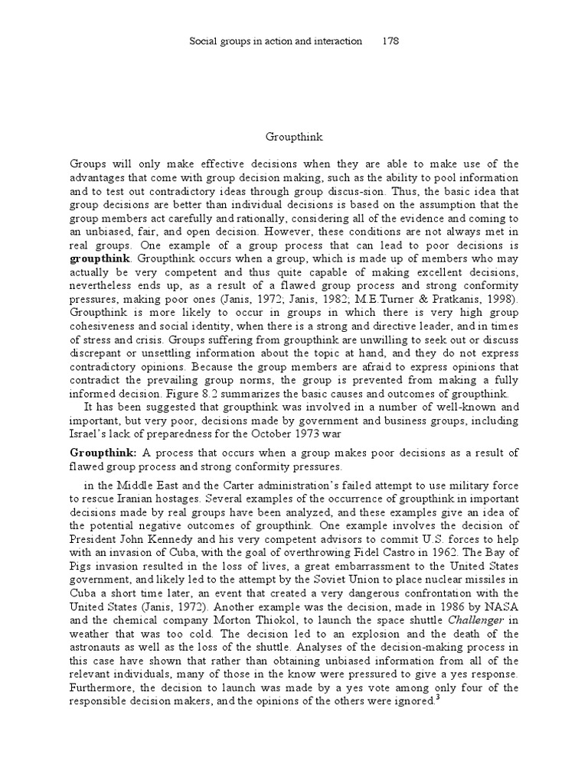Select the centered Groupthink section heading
pos(294,137)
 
